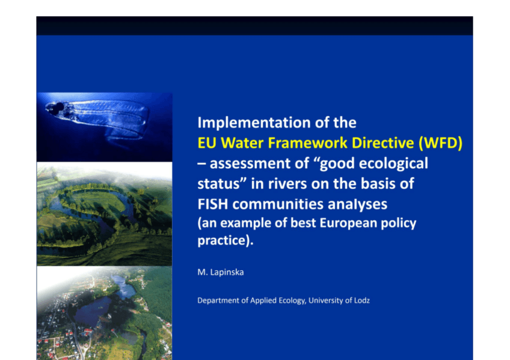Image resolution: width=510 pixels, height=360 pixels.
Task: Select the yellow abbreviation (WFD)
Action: coord(440,143)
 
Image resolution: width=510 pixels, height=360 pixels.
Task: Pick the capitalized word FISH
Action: coord(213,204)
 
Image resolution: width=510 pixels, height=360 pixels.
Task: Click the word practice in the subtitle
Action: coord(224,241)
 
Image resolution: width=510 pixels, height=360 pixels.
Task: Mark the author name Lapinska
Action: coord(227,272)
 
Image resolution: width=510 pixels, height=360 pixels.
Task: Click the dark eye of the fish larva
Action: coord(60,106)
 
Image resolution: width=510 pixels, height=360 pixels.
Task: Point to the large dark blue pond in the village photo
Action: coord(93,310)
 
